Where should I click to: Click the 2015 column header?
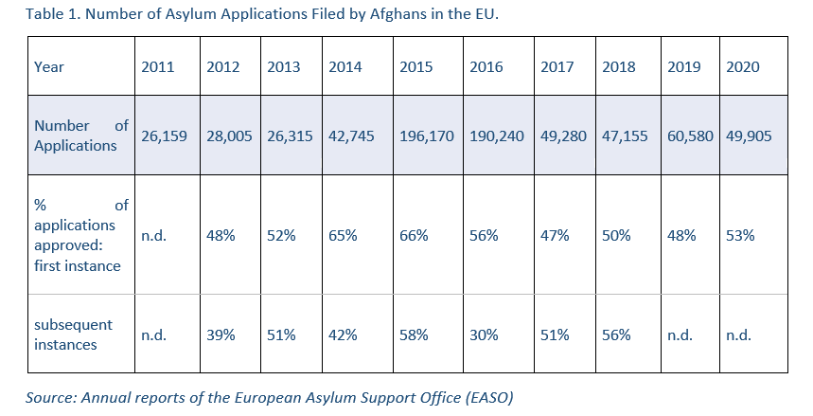[416, 67]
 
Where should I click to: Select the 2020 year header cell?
[743, 67]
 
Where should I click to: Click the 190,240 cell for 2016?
[497, 136]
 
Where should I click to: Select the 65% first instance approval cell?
[343, 235]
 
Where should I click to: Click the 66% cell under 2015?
[414, 235]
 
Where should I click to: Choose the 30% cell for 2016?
[484, 335]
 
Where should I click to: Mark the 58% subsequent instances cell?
[414, 335]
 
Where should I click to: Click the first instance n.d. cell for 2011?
[153, 235]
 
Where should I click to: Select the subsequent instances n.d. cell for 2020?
[739, 335]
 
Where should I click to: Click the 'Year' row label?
[49, 67]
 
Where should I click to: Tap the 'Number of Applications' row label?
[80, 136]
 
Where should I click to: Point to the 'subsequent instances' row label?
[73, 335]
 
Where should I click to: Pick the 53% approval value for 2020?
[740, 235]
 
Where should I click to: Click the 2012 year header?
[222, 67]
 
